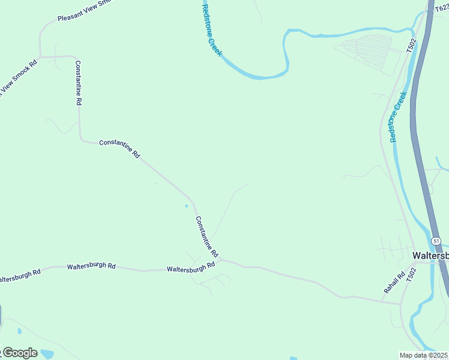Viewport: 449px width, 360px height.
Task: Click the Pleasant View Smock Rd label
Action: click(85, 11)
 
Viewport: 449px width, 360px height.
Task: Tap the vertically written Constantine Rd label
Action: click(78, 83)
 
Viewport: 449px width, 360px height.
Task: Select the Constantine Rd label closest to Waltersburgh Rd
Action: click(206, 236)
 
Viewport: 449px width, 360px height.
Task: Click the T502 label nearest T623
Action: click(411, 46)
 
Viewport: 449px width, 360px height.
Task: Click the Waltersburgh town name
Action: click(430, 256)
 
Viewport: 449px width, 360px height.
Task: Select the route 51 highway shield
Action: click(437, 241)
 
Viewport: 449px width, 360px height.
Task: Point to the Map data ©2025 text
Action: click(424, 355)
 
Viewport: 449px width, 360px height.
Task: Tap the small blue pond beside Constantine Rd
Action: click(186, 206)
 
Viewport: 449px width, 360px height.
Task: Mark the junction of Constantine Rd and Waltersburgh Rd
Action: click(220, 259)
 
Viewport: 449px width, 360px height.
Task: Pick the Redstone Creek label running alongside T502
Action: click(398, 116)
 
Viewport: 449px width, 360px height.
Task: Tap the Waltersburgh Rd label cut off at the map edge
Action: click(20, 276)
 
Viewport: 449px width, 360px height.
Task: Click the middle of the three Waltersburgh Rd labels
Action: click(91, 266)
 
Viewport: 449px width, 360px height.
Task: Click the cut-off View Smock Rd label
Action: click(18, 78)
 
